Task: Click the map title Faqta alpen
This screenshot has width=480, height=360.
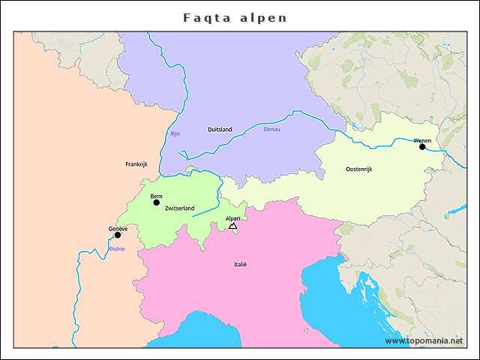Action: point(235,17)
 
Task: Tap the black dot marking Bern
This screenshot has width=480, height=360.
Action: point(157,202)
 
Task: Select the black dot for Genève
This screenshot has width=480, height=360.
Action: point(118,235)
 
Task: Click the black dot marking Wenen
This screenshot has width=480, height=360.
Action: point(422,147)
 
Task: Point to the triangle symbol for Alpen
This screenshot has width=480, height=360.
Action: point(232,226)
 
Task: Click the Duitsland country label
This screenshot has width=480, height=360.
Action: point(220,130)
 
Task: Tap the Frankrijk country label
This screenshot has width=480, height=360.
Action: point(137,163)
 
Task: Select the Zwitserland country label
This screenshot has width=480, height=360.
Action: point(180,208)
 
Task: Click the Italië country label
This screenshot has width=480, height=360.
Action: point(239,264)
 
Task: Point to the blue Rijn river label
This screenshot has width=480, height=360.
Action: point(175,134)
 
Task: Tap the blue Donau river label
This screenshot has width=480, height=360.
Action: point(271,130)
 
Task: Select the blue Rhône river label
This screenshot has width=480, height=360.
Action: point(116,249)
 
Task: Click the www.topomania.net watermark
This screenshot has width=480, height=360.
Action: point(424,340)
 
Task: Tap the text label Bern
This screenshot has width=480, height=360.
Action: point(156,196)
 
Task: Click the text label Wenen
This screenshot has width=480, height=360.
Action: point(422,140)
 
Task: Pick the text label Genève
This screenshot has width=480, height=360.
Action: point(118,228)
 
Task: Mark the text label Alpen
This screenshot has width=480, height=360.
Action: point(233,218)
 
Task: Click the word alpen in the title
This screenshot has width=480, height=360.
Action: point(262,17)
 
